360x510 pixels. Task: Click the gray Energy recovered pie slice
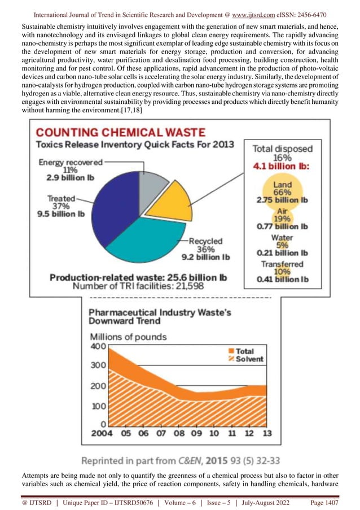pos(152,186)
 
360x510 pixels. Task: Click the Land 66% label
pos(282,189)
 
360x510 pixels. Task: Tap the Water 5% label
pos(282,242)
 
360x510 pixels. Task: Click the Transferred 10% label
pos(282,268)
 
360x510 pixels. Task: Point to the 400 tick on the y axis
pos(98,346)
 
